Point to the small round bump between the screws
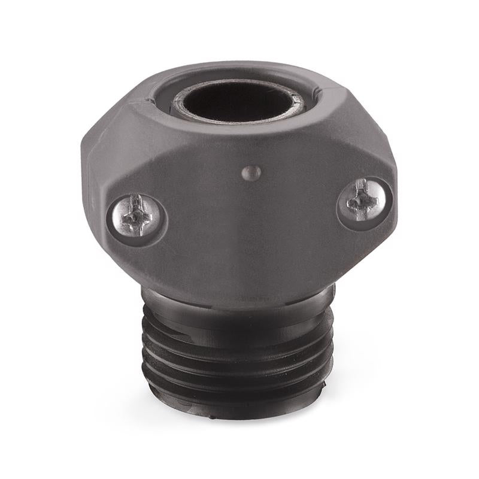click(x=251, y=173)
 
